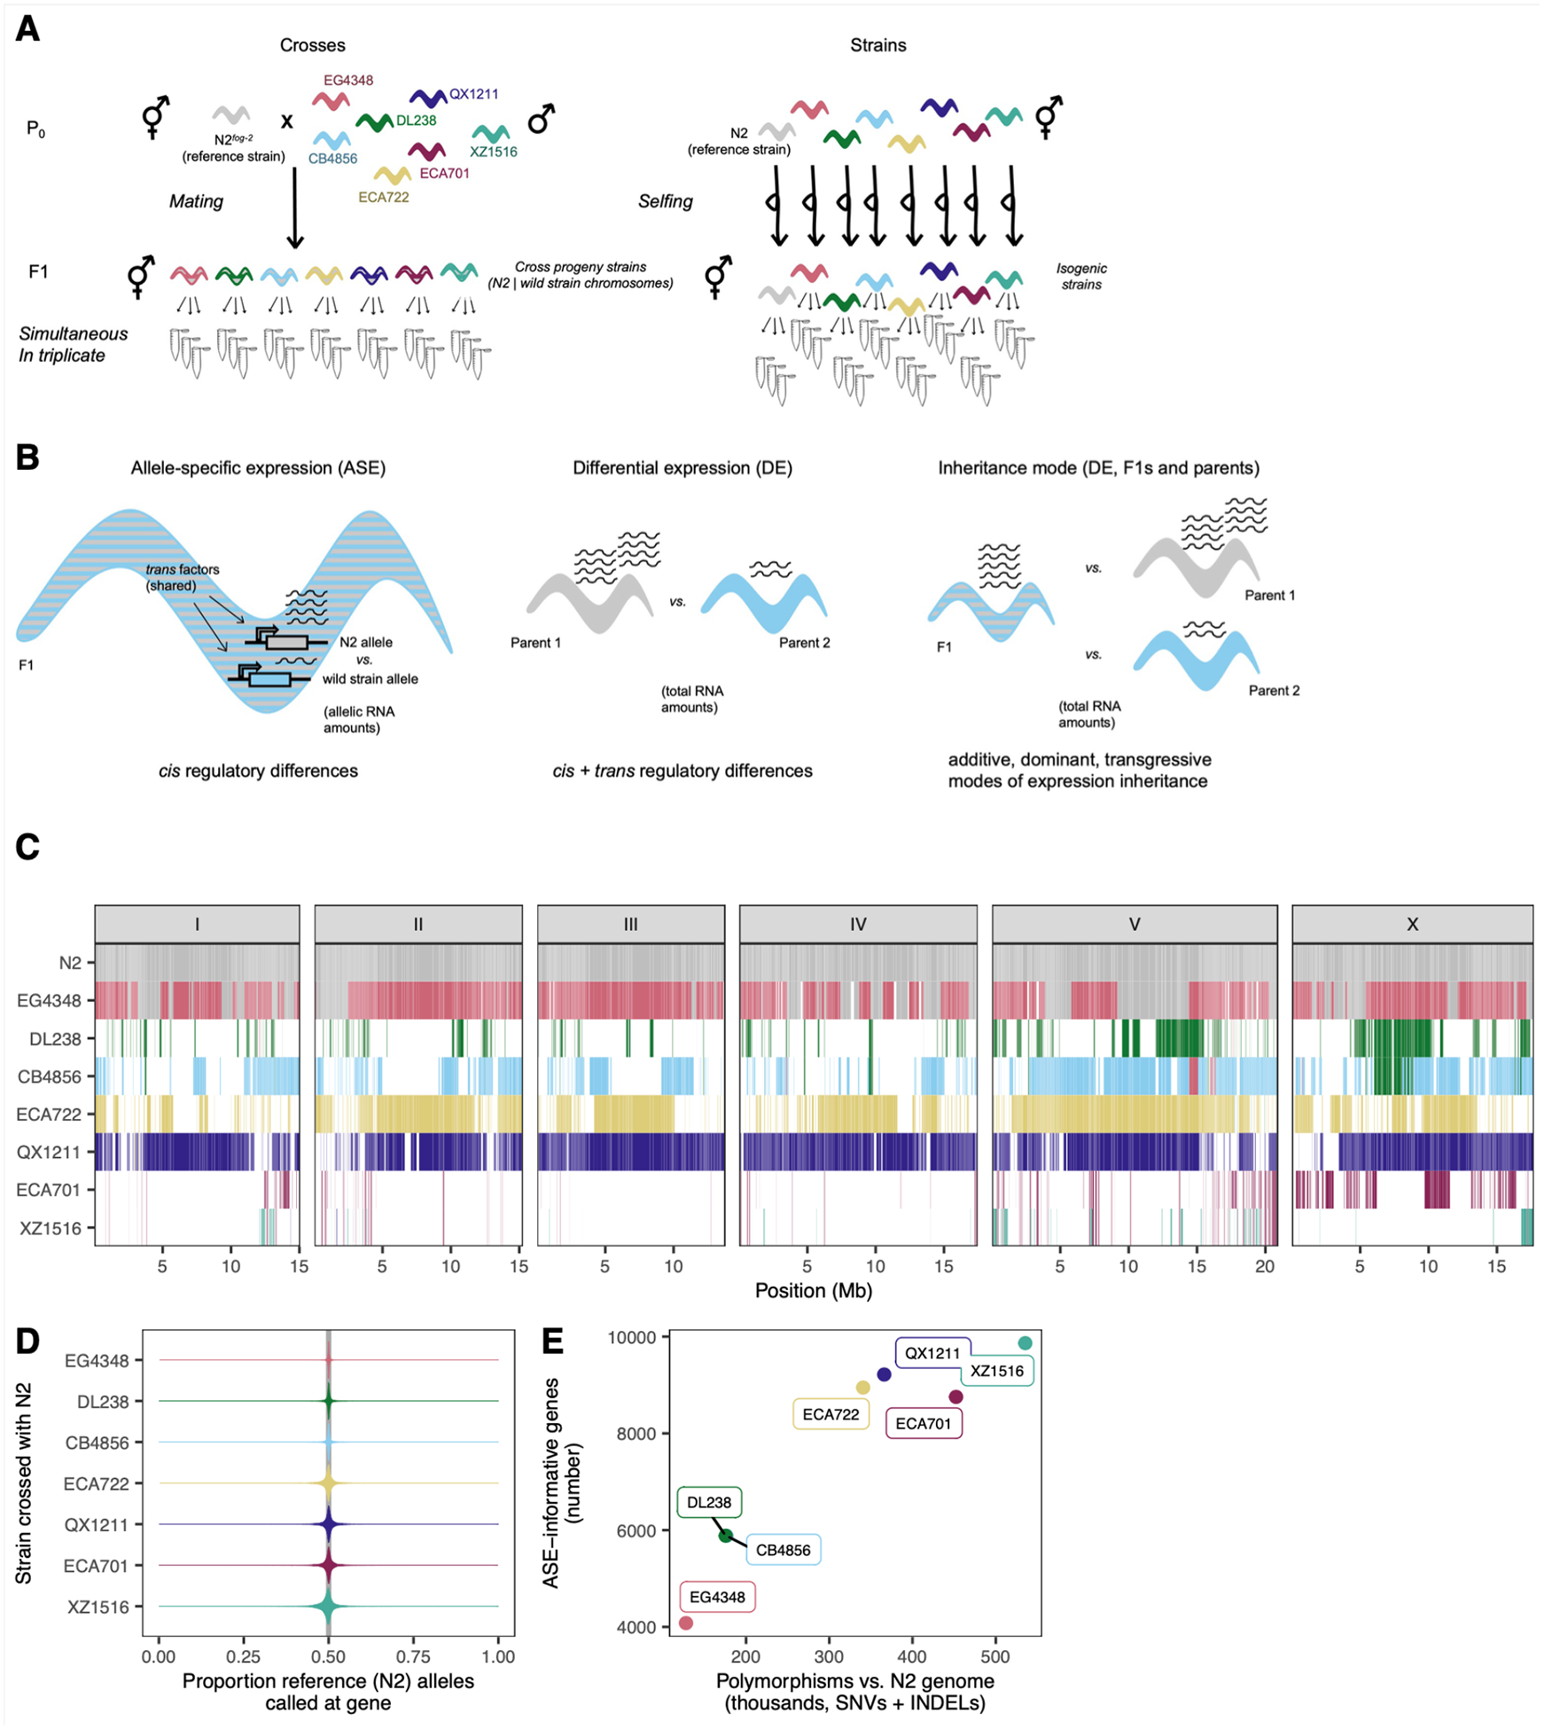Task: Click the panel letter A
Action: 27,29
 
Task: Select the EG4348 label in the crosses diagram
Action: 347,80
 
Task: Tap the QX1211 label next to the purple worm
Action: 473,94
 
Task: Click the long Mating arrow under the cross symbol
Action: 294,208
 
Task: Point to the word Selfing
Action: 665,201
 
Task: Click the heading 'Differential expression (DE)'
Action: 682,467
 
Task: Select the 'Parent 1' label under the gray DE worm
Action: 535,642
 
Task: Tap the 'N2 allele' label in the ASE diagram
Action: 365,642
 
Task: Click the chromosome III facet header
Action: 630,924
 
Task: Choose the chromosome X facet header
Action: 1411,924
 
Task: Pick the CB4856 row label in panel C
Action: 50,1076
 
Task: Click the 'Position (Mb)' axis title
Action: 813,1290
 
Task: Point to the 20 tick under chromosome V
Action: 1264,1266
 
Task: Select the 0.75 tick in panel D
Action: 413,1656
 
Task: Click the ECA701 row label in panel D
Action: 96,1566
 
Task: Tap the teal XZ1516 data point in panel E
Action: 1025,1343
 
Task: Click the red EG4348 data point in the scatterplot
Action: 685,1623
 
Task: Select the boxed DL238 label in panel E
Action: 709,1502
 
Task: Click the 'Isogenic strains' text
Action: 1081,276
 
